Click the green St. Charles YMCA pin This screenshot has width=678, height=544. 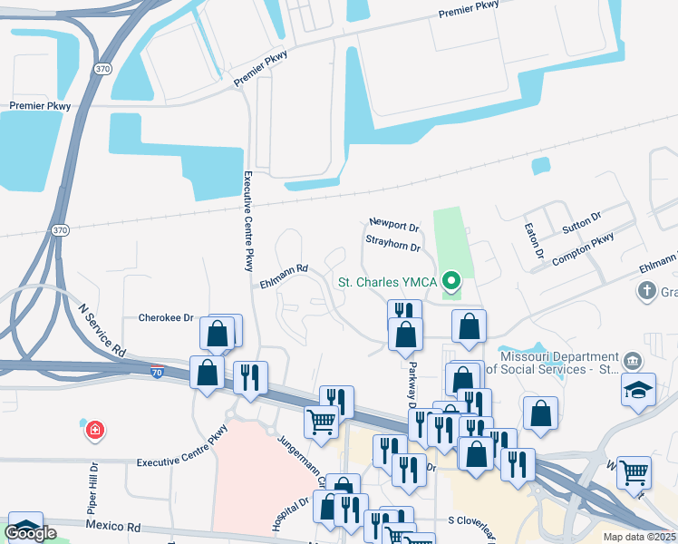coord(451,282)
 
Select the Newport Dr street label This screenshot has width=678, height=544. coord(393,222)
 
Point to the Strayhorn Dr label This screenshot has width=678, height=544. coord(393,246)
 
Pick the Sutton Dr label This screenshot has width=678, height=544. coord(582,222)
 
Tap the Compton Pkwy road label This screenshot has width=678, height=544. coord(585,245)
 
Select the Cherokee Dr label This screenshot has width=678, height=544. coord(167,317)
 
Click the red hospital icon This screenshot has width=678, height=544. coord(94,431)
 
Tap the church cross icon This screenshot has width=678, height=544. coord(645,291)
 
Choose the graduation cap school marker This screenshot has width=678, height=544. coord(638,390)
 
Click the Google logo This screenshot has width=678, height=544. coord(31,532)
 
